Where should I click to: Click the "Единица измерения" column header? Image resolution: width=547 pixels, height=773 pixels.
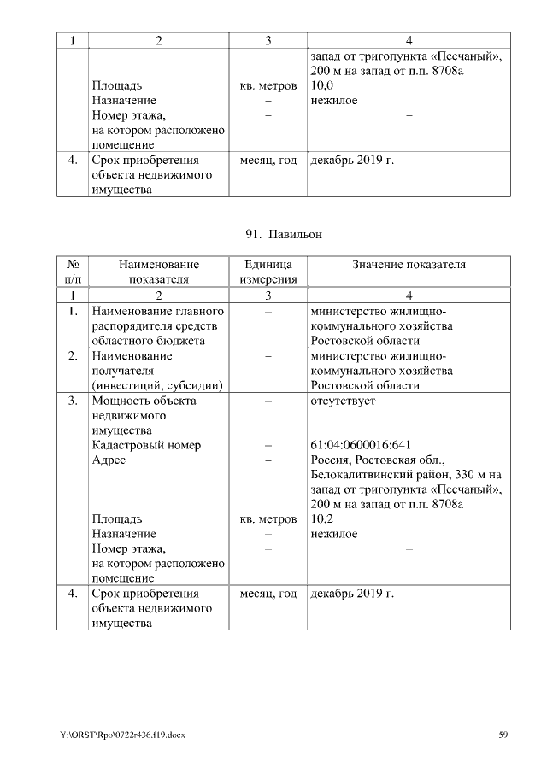pyautogui.click(x=268, y=272)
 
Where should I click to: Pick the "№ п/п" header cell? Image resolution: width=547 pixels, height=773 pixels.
pyautogui.click(x=73, y=272)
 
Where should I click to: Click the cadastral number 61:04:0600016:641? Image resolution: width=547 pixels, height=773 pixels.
pyautogui.click(x=361, y=444)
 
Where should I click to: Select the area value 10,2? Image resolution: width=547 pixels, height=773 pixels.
pyautogui.click(x=321, y=518)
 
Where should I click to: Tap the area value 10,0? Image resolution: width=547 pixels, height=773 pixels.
pyautogui.click(x=321, y=86)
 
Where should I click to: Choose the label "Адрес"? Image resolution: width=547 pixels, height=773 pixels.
pyautogui.click(x=109, y=460)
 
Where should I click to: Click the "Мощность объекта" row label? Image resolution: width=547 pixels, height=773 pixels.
pyautogui.click(x=144, y=400)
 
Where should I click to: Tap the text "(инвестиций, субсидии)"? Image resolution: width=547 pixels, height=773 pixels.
pyautogui.click(x=156, y=385)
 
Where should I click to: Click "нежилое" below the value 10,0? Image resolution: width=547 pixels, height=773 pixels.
pyautogui.click(x=334, y=101)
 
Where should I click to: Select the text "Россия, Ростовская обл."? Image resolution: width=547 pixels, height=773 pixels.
pyautogui.click(x=373, y=460)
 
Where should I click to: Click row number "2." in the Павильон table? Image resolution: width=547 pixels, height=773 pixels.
pyautogui.click(x=74, y=355)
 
